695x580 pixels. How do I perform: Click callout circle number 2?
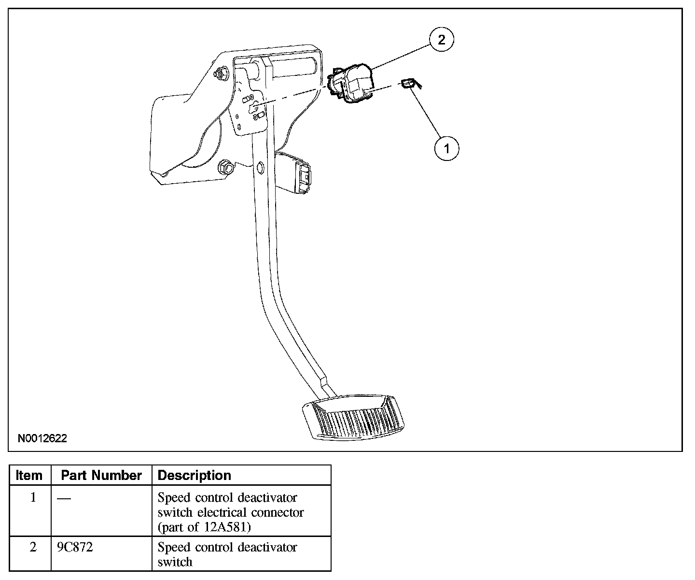[441, 40]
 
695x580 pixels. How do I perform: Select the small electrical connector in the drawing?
[407, 85]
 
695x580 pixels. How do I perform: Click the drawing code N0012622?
[42, 438]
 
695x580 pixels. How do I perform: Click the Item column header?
[29, 476]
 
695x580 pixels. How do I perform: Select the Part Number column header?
[101, 476]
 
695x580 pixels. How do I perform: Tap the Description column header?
[195, 476]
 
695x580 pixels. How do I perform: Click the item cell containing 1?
[33, 497]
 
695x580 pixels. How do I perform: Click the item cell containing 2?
[33, 548]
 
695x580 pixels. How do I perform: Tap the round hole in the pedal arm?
[260, 168]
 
